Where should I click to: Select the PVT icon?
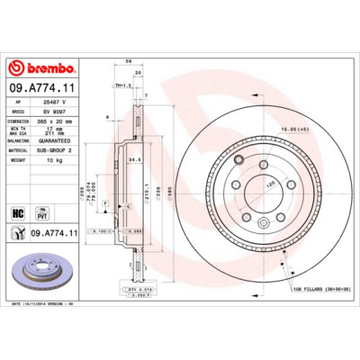40,213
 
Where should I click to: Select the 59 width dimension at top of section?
130,62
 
